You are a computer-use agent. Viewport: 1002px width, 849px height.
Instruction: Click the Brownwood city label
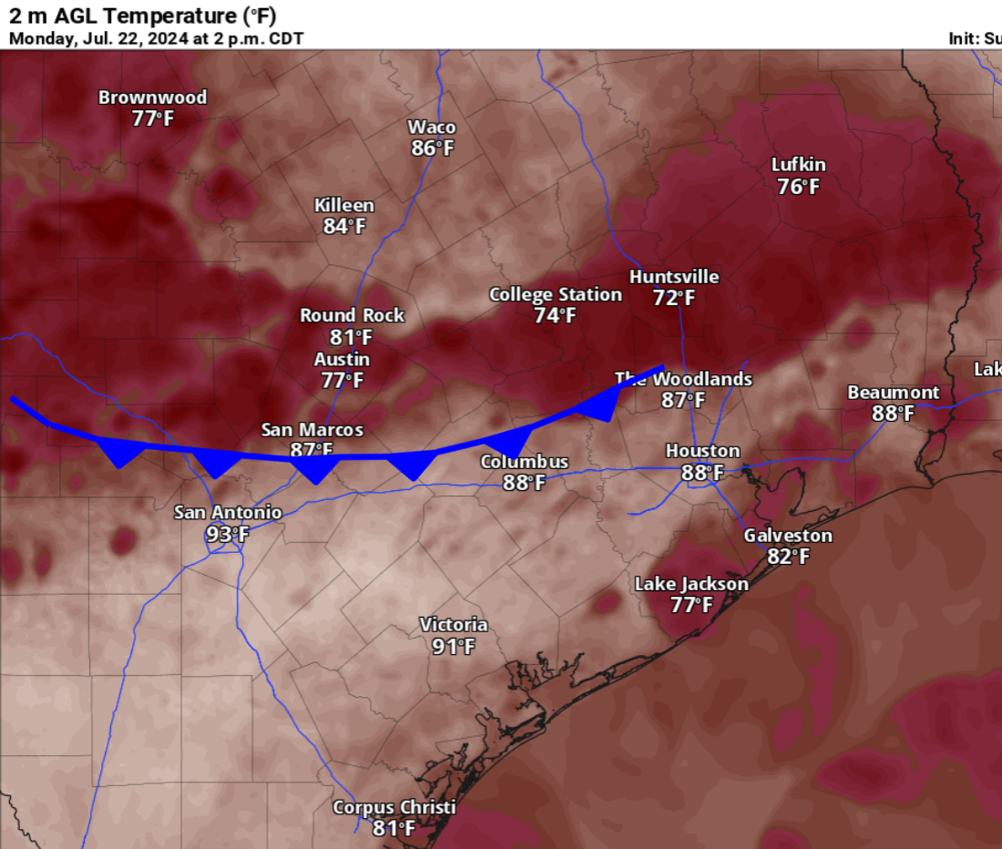point(152,97)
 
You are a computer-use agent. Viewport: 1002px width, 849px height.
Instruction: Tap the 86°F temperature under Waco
point(432,148)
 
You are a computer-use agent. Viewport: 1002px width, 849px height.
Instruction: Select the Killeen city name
point(343,206)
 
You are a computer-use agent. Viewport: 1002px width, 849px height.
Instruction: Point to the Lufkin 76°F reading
point(798,187)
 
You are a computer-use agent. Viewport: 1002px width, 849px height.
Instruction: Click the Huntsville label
point(674,277)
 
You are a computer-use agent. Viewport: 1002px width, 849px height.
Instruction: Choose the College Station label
point(556,295)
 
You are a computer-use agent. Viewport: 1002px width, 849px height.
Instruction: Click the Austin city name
point(342,359)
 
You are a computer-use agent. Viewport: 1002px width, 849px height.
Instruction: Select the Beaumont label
point(893,393)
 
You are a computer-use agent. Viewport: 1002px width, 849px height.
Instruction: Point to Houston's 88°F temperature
point(702,472)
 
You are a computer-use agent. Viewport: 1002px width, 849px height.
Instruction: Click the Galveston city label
point(788,536)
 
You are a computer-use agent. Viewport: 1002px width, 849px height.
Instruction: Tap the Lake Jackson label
point(691,584)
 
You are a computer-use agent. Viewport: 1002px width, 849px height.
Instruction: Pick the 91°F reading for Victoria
point(454,647)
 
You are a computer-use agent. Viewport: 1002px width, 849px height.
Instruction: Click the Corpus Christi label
point(394,808)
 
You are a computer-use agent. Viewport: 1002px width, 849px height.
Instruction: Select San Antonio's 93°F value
point(227,535)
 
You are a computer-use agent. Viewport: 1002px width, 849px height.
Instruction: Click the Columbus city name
point(525,462)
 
